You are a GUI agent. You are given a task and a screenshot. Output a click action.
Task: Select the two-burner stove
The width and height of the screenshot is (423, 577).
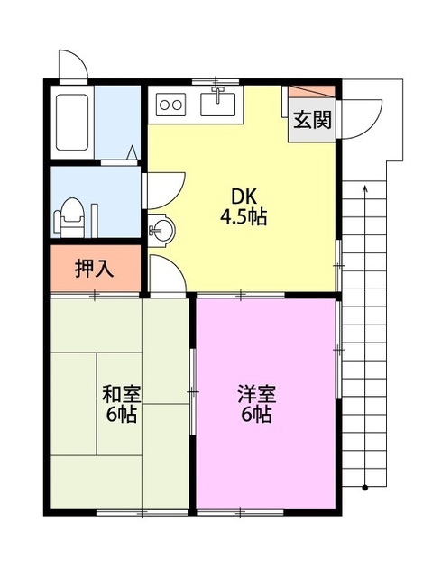[170, 104]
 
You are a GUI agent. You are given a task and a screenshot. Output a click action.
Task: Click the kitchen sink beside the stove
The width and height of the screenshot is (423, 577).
[216, 104]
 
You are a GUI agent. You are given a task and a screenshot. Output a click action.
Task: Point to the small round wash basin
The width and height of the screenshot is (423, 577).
[159, 230]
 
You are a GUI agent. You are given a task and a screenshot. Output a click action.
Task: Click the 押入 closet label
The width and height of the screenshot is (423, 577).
[94, 269]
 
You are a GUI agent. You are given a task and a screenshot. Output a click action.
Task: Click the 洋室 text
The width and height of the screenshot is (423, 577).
[256, 395]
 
